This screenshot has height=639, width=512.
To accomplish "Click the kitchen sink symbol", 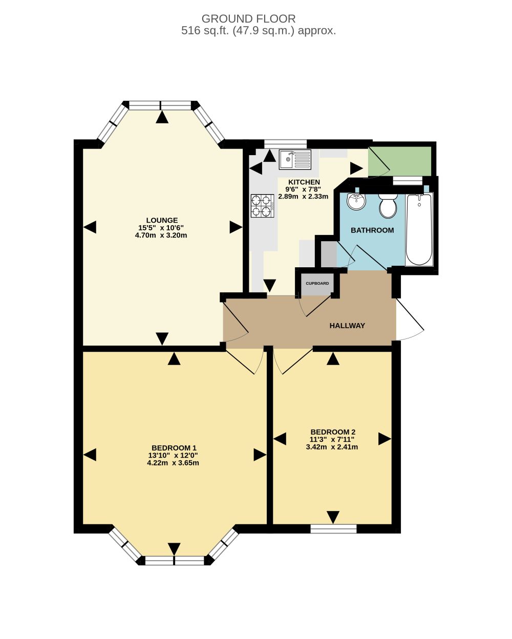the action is [x=295, y=159].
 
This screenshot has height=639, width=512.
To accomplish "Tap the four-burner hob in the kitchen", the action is [x=262, y=206].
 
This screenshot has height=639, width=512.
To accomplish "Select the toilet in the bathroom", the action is [x=388, y=205].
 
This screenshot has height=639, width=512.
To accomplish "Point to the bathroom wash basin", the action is [x=356, y=201].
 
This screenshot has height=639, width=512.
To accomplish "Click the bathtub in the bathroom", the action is [x=419, y=229].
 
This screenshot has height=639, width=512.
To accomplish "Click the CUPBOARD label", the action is [x=317, y=283].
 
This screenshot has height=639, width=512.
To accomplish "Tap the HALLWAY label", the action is [x=347, y=326].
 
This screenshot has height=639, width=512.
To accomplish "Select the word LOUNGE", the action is [x=162, y=220].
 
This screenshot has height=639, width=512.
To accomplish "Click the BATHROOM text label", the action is [x=372, y=230].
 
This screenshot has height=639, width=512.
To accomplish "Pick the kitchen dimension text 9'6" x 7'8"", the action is [x=303, y=189].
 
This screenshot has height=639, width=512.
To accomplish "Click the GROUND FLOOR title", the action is [x=248, y=19].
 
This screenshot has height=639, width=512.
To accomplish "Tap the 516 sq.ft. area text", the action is [x=205, y=31].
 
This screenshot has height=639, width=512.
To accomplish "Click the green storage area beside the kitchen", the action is [x=400, y=161].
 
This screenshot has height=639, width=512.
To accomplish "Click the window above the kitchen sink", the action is [x=285, y=144].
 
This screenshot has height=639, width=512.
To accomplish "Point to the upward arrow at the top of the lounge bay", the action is [x=162, y=117].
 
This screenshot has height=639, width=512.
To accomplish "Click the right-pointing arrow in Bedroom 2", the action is [x=385, y=439].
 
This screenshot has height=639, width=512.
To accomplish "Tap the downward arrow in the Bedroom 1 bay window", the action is [x=174, y=549].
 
